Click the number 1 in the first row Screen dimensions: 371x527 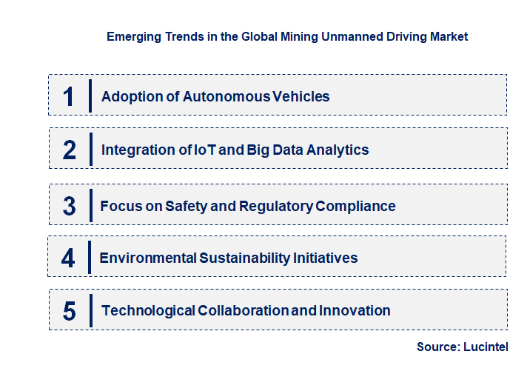point(68,96)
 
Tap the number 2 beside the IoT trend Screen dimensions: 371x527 point(69,150)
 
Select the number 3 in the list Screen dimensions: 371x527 point(69,206)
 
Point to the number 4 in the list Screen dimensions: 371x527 point(69,258)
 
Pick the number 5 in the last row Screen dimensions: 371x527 point(69,311)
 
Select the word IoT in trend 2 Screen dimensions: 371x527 point(206,150)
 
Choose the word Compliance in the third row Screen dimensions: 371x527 point(355,206)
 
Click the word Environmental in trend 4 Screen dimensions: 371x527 point(147,258)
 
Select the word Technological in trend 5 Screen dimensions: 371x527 point(148,311)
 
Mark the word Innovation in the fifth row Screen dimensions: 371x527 point(355,311)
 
